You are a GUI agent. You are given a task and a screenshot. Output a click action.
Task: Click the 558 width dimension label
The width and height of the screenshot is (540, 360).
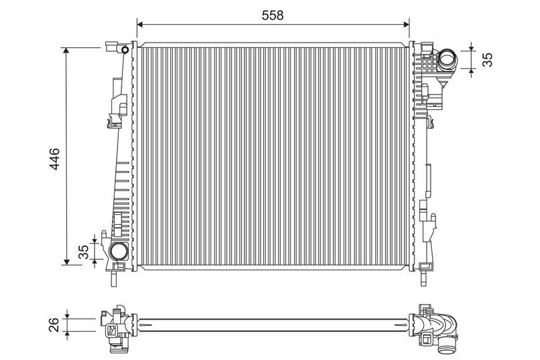point(273,15)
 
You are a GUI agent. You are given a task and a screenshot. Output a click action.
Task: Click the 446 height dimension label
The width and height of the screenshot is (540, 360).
point(55,159)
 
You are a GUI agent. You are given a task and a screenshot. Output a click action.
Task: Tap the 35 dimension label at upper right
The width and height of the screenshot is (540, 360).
point(487,59)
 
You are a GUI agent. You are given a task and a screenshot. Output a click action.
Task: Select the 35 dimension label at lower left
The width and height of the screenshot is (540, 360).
point(84,252)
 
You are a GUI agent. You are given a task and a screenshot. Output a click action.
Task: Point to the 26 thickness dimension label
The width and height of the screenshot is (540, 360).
point(54,324)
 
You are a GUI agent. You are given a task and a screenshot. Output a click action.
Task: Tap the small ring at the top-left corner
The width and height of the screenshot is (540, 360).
point(125,50)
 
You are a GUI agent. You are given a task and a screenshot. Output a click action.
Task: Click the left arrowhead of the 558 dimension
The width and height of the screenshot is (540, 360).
point(140,24)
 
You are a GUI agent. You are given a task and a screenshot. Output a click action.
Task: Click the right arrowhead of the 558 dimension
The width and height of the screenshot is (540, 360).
point(406,24)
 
